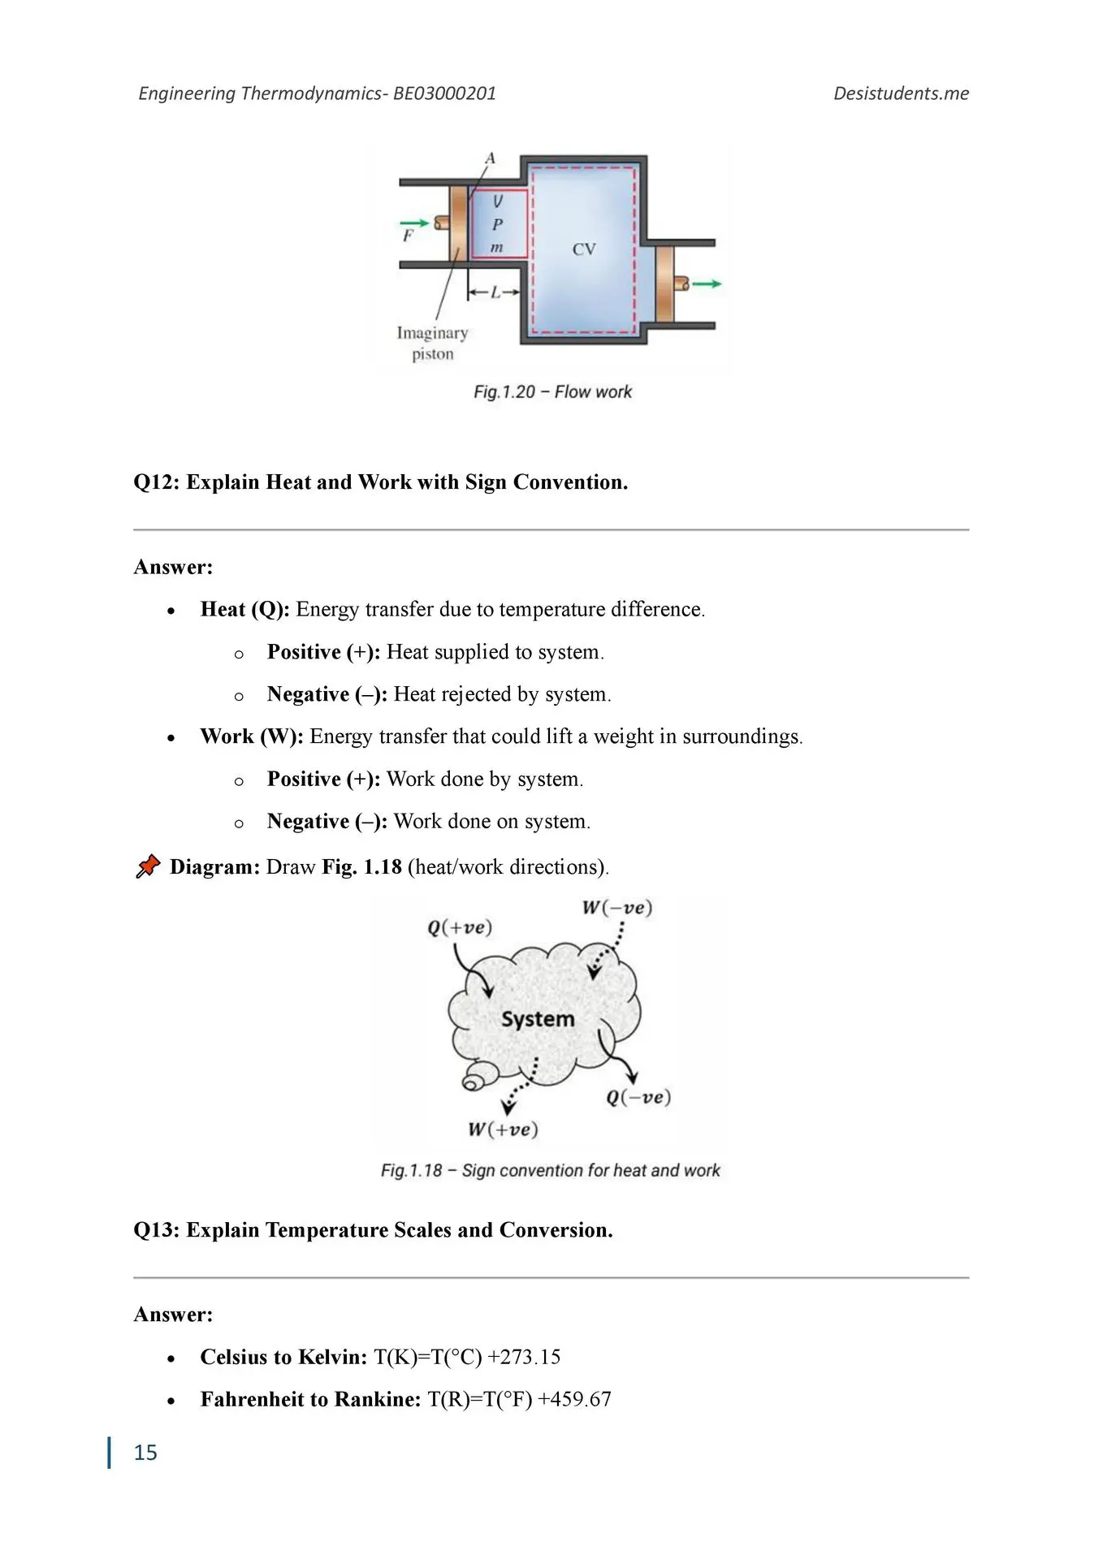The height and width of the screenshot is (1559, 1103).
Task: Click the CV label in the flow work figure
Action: pos(583,249)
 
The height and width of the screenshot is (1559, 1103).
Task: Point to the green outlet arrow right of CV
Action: pos(707,283)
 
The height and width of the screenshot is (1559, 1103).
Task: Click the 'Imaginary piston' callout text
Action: pos(432,343)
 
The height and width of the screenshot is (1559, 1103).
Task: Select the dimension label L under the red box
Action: pos(495,292)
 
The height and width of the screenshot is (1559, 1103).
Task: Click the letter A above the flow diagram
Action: pos(490,158)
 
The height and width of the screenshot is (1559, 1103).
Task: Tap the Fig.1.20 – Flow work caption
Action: pos(552,392)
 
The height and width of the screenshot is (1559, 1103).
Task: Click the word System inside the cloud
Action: pos(537,1019)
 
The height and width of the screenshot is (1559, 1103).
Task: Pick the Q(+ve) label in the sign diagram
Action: pos(460,927)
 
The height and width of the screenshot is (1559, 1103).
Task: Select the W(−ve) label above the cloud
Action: pos(616,907)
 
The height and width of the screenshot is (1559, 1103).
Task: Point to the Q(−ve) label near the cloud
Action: pos(638,1097)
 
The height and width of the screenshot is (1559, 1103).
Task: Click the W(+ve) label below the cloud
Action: pos(503,1129)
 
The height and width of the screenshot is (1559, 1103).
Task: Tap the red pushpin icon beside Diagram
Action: pos(147,867)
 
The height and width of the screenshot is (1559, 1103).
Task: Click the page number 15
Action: pos(145,1453)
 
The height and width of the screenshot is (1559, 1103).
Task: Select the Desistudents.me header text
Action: pos(901,93)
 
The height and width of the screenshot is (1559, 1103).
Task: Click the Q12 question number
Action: pos(157,482)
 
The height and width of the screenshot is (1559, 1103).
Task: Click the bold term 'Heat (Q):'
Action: pos(244,610)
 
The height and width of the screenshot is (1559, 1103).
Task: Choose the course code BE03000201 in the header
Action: pos(444,93)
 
